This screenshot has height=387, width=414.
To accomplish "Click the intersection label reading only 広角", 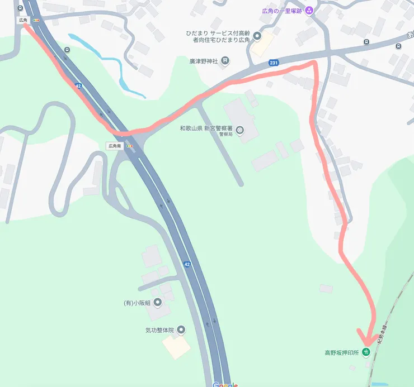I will [x=23, y=20].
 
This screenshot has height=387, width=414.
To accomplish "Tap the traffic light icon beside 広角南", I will [x=130, y=146].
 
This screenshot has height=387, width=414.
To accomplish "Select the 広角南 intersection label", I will [x=115, y=146].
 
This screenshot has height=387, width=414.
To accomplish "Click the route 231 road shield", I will [x=273, y=63].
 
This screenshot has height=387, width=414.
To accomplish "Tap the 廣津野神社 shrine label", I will [x=204, y=60].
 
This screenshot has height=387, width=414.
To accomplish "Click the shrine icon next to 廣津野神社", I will [x=225, y=60].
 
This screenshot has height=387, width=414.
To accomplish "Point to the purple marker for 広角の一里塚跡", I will [x=309, y=11].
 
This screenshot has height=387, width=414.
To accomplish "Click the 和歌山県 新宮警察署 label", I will [x=206, y=129].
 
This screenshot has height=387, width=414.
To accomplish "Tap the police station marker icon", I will [x=240, y=130].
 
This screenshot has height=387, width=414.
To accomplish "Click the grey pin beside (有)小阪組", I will [x=157, y=303].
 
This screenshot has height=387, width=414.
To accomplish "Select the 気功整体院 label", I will [x=160, y=330].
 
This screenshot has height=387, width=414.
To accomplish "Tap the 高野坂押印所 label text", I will [x=342, y=352].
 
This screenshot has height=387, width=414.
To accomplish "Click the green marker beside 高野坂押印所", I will [x=366, y=352].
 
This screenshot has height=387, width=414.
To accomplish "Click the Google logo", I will [x=225, y=384].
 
